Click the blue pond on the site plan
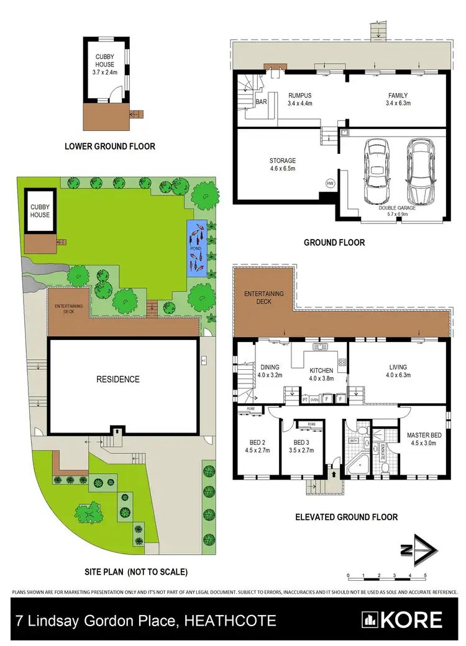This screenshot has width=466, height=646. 196,248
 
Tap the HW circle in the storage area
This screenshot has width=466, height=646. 330,183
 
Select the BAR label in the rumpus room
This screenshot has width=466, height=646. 261,101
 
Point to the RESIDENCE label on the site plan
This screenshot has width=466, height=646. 117,379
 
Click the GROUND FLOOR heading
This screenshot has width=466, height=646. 334,243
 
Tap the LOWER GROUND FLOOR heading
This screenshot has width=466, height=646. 110,146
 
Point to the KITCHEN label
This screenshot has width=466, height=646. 322,370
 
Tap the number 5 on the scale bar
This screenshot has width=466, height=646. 425,575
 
